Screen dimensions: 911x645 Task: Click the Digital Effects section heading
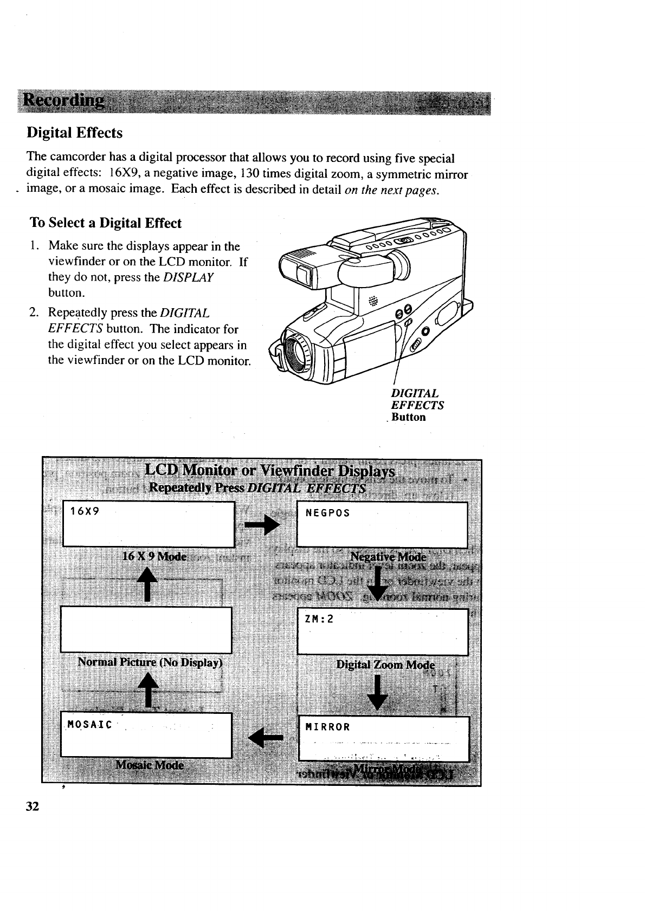pyautogui.click(x=75, y=133)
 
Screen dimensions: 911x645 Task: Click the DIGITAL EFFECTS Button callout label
pyautogui.click(x=417, y=405)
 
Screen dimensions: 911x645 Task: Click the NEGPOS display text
pyautogui.click(x=327, y=512)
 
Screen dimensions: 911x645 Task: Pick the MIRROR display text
pyautogui.click(x=327, y=727)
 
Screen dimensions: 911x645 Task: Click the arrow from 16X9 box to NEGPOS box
pyautogui.click(x=265, y=524)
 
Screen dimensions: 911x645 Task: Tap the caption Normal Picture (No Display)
pyautogui.click(x=150, y=662)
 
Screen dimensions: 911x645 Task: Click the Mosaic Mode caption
pyautogui.click(x=150, y=765)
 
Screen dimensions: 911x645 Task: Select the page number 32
pyautogui.click(x=33, y=806)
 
